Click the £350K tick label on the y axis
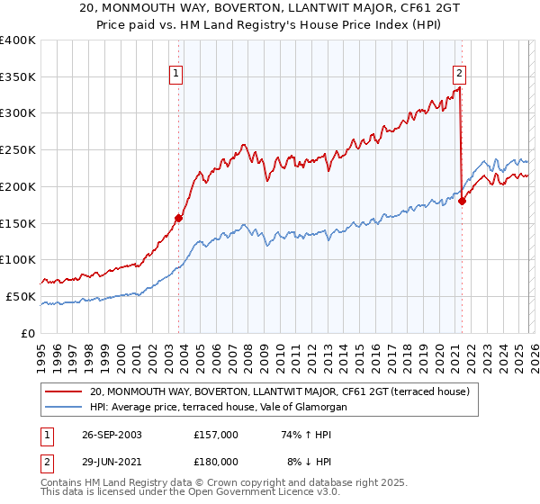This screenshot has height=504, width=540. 18,77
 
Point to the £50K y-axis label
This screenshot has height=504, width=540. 21,296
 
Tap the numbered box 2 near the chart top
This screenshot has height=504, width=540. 459,75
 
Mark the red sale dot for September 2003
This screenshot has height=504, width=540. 179,218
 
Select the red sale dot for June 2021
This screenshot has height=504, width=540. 462,202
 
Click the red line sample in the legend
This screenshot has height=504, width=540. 65,391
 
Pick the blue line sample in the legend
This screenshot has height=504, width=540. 65,408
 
